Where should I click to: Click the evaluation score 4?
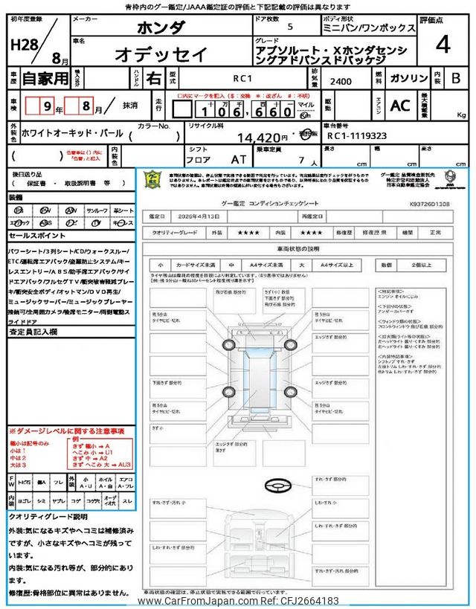(443, 45)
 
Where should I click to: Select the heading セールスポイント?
(37, 235)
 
